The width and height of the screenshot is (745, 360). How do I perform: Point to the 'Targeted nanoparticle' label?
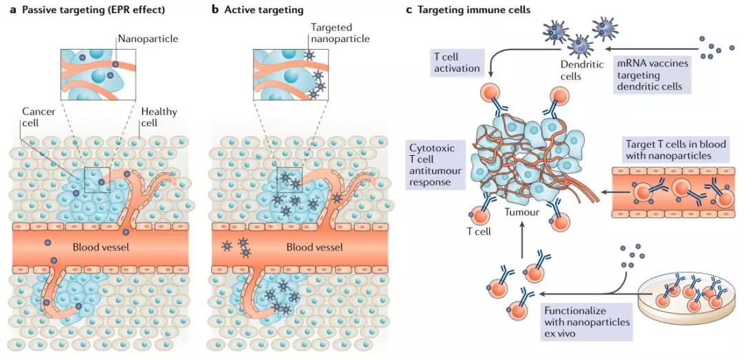(x=336, y=33)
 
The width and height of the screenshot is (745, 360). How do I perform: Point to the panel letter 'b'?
(x=215, y=10)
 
